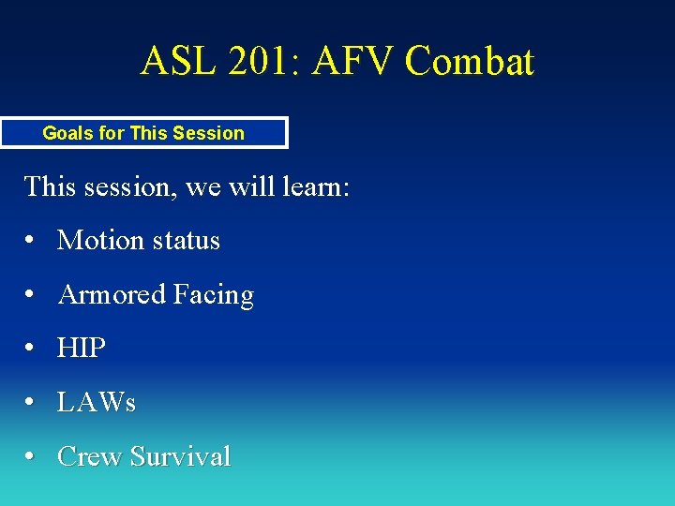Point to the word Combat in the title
(x=469, y=62)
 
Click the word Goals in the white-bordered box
(x=68, y=133)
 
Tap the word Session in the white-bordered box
(x=208, y=133)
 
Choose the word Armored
(x=111, y=295)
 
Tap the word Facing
(x=213, y=295)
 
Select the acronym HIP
(x=82, y=349)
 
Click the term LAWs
(x=97, y=403)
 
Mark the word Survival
(x=181, y=456)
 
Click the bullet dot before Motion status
(x=32, y=242)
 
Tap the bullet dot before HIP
(x=32, y=350)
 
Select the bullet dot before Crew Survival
(x=32, y=457)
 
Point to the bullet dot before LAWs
(x=32, y=404)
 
